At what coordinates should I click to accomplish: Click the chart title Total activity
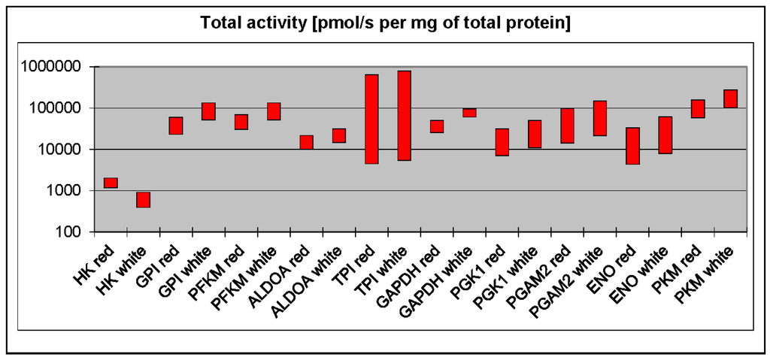tap(385, 23)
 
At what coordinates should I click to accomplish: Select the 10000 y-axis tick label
tap(61, 150)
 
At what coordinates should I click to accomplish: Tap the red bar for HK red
tap(111, 183)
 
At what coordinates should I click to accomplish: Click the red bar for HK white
tap(143, 199)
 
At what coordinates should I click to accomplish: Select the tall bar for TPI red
tap(371, 119)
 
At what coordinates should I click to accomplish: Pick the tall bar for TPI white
tap(404, 115)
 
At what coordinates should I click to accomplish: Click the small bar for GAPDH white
tap(469, 113)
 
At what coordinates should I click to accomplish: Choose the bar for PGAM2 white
tap(600, 118)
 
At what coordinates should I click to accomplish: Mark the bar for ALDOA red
tap(306, 142)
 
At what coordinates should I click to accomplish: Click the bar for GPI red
tap(176, 126)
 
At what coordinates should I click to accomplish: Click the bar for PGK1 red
tap(502, 142)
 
